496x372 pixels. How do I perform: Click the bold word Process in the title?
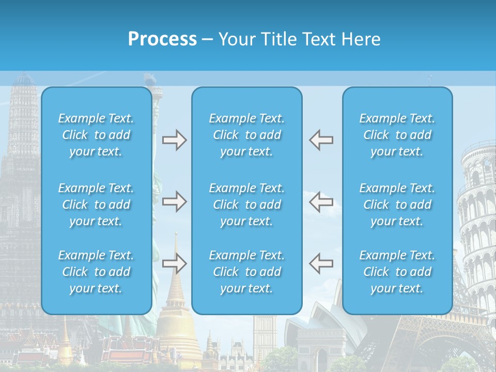[162, 39]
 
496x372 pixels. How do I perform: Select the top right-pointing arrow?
[174, 140]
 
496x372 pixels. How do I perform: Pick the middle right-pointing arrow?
[174, 202]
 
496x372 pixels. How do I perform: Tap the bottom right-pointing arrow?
[174, 263]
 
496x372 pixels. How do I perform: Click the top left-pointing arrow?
[321, 140]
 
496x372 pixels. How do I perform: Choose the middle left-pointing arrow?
[321, 202]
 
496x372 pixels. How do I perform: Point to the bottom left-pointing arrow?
[321, 263]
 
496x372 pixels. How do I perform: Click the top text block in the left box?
[96, 135]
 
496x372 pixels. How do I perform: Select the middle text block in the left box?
[96, 205]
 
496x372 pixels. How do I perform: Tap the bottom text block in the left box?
[96, 272]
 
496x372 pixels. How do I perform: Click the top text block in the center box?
[246, 135]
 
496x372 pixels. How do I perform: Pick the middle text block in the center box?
[246, 205]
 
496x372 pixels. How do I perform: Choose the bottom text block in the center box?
[246, 272]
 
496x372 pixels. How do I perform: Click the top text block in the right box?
[397, 135]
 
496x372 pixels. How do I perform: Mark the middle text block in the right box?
[397, 205]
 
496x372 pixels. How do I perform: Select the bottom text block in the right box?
[397, 272]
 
